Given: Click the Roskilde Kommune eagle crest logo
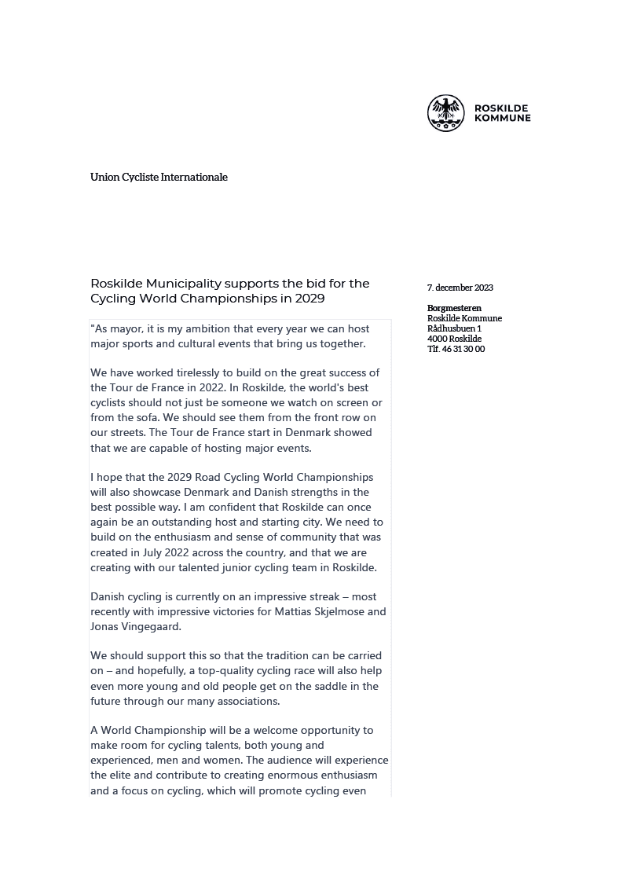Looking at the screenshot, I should point(445,113).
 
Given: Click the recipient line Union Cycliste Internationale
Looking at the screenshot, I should point(159,178).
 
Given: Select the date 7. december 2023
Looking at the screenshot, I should point(460,288).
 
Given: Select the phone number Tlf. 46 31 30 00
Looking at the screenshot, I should point(456,349).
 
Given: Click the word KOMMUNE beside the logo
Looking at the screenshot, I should point(502,119).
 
